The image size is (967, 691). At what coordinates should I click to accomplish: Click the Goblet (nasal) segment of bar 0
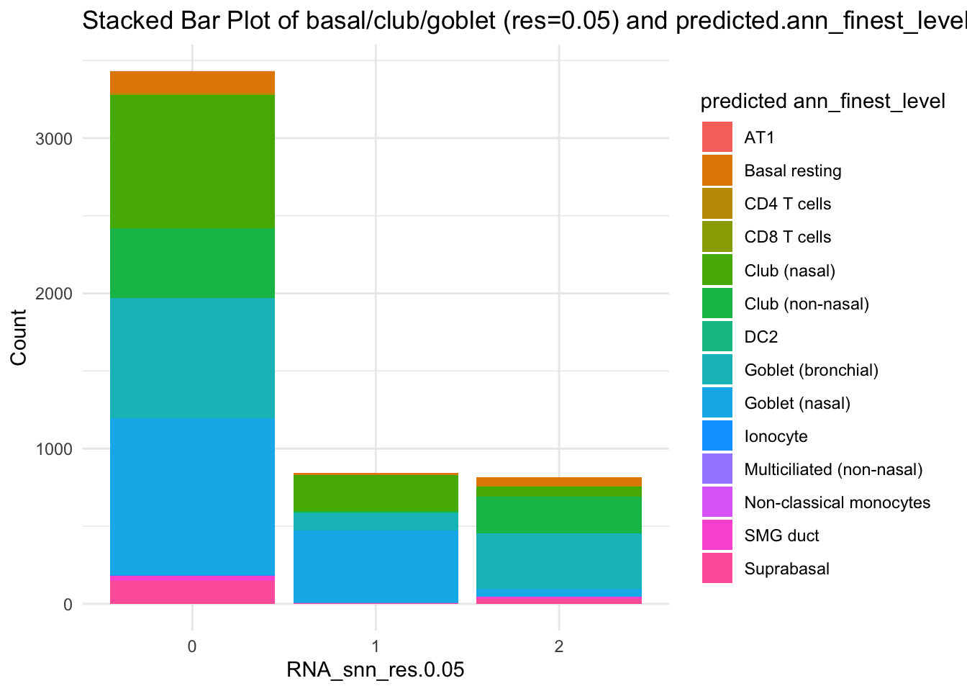tap(192, 497)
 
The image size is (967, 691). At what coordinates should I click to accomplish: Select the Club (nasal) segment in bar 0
tap(192, 161)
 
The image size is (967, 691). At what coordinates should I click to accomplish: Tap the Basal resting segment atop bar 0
tap(192, 83)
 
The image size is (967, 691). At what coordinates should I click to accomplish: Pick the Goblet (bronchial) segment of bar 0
tap(192, 358)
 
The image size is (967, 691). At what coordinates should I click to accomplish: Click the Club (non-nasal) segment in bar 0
tap(192, 263)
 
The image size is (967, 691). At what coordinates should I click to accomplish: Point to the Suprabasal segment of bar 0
tap(192, 590)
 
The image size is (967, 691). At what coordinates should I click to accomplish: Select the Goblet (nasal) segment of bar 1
tap(376, 566)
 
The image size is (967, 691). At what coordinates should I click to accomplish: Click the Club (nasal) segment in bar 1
tap(376, 493)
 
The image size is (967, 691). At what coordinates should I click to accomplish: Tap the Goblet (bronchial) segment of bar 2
tap(559, 561)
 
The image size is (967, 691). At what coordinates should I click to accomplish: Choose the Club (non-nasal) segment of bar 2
tap(559, 515)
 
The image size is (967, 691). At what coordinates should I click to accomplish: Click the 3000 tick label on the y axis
tap(54, 139)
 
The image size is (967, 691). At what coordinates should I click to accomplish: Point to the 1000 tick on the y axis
tap(54, 449)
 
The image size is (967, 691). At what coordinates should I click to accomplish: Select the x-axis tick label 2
tap(559, 646)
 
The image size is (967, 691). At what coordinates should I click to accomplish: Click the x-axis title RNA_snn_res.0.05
tap(376, 670)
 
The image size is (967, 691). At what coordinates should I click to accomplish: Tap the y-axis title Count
tap(19, 337)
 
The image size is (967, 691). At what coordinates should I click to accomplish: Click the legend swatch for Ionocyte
tap(717, 436)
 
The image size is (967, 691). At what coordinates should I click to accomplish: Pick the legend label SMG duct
tap(781, 536)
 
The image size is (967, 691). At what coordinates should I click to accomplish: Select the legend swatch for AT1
tap(717, 137)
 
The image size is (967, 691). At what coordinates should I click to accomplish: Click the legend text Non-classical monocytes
tap(837, 502)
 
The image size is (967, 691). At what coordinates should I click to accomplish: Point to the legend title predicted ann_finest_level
tap(822, 101)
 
